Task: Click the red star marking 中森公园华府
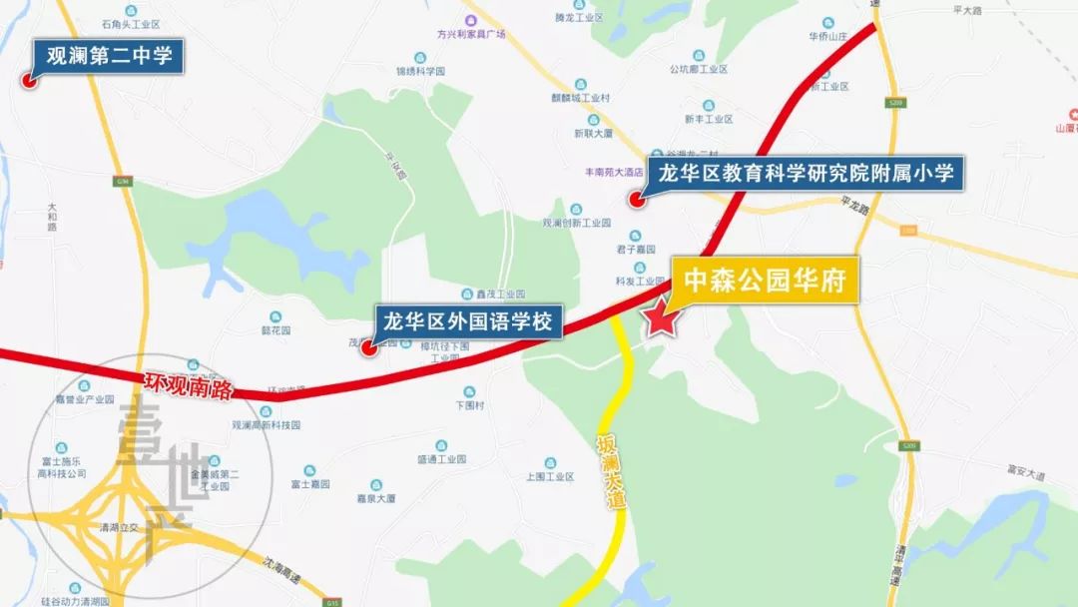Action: tap(660, 320)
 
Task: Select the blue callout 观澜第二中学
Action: tap(109, 56)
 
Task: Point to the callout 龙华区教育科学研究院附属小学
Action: tap(806, 175)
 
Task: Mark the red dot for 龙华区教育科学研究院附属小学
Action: tap(635, 199)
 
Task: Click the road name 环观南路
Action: tap(188, 385)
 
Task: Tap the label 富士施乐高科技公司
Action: tap(62, 468)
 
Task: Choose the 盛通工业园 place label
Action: tap(441, 459)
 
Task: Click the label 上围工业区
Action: tap(549, 477)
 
